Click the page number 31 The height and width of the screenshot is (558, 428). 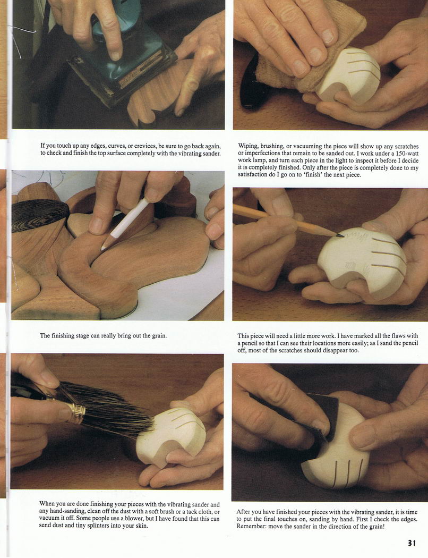click(412, 543)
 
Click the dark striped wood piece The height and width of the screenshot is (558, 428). click(39, 215)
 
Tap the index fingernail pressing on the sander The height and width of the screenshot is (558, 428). click(116, 55)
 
